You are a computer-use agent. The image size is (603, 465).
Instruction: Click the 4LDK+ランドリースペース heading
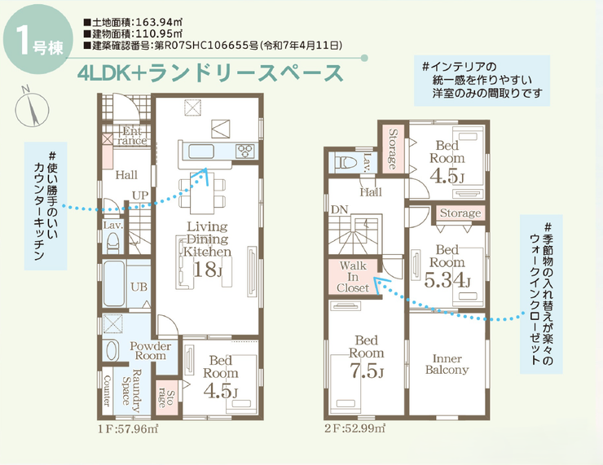(x=209, y=72)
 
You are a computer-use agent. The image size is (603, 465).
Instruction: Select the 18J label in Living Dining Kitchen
(x=207, y=270)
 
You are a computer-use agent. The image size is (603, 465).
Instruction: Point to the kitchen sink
(x=199, y=151)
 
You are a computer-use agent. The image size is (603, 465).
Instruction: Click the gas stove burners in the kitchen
(x=245, y=151)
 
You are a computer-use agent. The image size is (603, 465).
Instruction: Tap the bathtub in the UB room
(x=114, y=284)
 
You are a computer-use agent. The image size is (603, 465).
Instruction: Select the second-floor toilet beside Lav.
(x=346, y=162)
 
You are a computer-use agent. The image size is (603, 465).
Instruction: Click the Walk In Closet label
(x=353, y=277)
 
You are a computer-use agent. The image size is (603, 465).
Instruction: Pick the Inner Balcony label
(x=447, y=364)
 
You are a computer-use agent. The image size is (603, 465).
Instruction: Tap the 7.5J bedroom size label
(x=367, y=371)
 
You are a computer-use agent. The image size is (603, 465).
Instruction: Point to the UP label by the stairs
(x=140, y=195)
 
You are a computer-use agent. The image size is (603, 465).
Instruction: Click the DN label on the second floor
(x=340, y=210)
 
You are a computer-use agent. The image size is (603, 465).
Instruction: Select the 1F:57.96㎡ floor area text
(x=128, y=428)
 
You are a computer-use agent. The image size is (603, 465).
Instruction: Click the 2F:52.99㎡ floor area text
(x=354, y=428)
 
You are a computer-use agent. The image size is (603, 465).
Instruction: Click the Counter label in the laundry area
(x=107, y=390)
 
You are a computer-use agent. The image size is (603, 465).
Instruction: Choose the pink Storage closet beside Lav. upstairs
(x=393, y=149)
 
